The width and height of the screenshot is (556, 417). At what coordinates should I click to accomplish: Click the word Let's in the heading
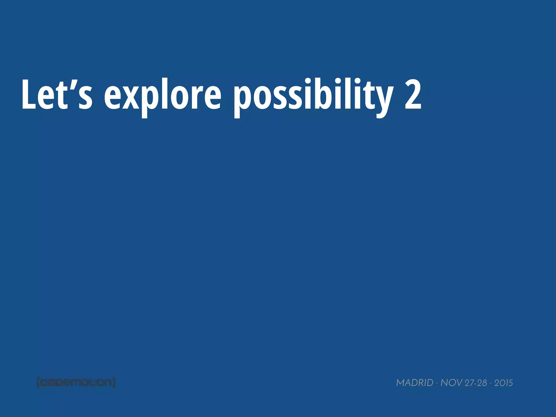tap(57, 94)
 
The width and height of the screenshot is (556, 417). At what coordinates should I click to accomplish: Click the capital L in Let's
tap(29, 94)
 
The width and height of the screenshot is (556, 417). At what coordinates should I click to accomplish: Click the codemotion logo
tap(76, 383)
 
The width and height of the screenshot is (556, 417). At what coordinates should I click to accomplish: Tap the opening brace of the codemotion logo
tap(38, 383)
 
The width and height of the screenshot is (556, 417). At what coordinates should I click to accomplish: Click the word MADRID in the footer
tap(415, 383)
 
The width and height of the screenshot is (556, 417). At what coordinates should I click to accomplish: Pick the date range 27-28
tap(476, 383)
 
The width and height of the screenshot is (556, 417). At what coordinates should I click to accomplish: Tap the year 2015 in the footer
tap(504, 383)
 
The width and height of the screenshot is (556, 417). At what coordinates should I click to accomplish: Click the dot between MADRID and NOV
tap(437, 383)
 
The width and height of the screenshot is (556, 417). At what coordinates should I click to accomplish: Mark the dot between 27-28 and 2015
tap(491, 383)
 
